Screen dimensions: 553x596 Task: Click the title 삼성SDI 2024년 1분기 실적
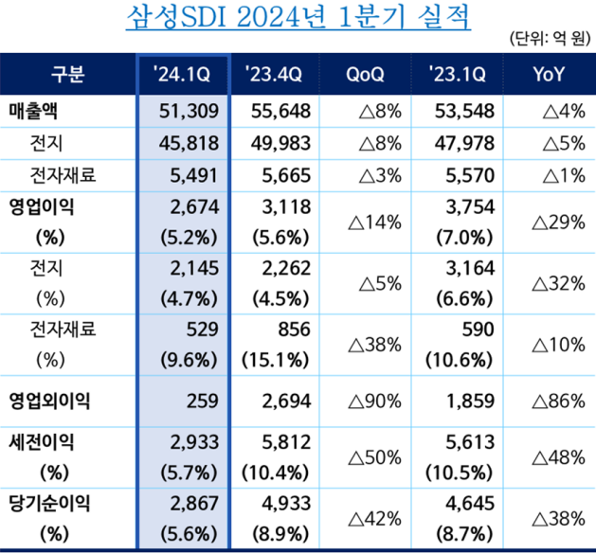(298, 18)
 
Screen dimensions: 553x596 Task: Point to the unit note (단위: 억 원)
(550, 39)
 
